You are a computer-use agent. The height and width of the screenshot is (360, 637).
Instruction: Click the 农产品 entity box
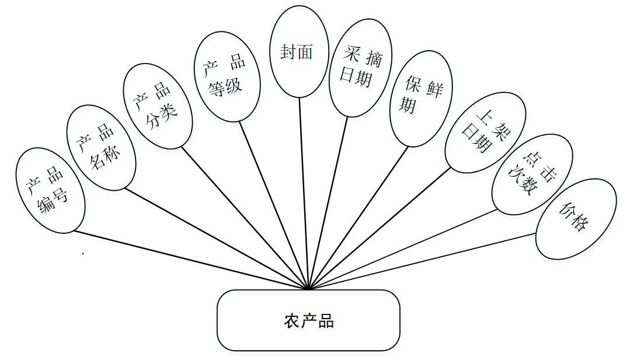(x=308, y=320)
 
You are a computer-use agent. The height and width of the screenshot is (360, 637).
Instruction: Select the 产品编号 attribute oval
(x=51, y=191)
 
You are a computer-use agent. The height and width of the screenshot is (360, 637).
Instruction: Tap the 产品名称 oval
(x=102, y=148)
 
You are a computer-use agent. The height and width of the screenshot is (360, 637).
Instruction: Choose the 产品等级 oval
(x=227, y=76)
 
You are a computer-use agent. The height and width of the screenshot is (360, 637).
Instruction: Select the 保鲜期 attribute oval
(x=421, y=97)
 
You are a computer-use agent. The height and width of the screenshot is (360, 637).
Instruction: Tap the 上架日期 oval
(x=485, y=132)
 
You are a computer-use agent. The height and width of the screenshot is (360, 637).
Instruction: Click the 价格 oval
(x=576, y=218)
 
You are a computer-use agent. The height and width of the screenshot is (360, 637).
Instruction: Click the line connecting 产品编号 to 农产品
(x=192, y=260)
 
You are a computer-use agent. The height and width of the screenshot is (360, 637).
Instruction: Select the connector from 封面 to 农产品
(x=304, y=193)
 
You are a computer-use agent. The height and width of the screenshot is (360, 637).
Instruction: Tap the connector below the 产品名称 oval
(x=216, y=239)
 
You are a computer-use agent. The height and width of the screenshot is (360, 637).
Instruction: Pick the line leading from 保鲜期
(x=358, y=217)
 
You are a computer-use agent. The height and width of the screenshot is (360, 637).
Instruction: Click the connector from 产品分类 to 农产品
(x=244, y=217)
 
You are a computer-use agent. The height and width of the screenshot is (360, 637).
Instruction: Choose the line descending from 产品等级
(x=273, y=204)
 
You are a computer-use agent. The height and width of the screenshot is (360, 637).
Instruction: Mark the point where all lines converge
(x=308, y=288)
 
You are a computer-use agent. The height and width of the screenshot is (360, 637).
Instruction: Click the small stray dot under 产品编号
(x=83, y=254)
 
